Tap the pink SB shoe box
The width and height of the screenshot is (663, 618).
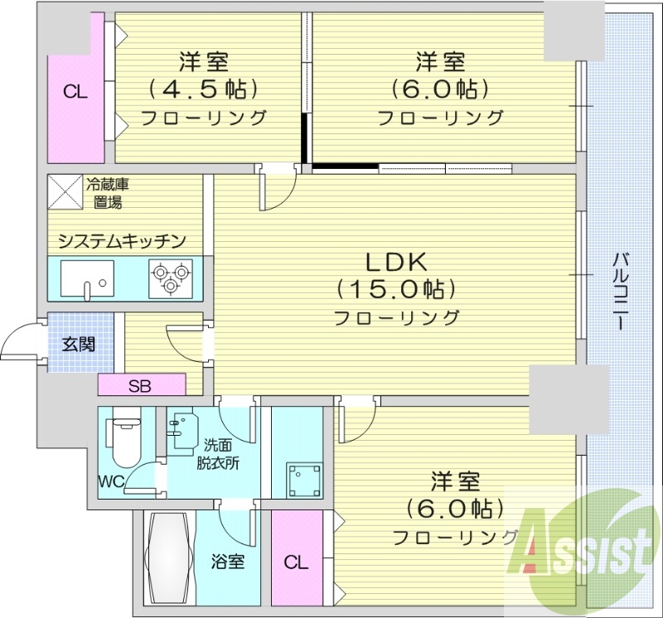pyautogui.click(x=140, y=385)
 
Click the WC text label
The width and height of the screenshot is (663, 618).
pyautogui.click(x=111, y=480)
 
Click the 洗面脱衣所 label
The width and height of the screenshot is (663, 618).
pyautogui.click(x=217, y=453)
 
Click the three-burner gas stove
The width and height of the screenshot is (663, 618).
pyautogui.click(x=170, y=277)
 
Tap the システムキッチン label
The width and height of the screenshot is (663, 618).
pyautogui.click(x=121, y=241)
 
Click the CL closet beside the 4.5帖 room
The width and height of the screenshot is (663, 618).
pyautogui.click(x=75, y=92)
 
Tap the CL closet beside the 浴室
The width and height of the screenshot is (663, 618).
pyautogui.click(x=296, y=563)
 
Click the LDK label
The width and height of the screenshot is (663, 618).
pyautogui.click(x=396, y=263)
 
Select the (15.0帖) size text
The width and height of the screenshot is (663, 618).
pyautogui.click(x=396, y=289)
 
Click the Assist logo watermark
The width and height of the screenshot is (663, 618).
pyautogui.click(x=583, y=548)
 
